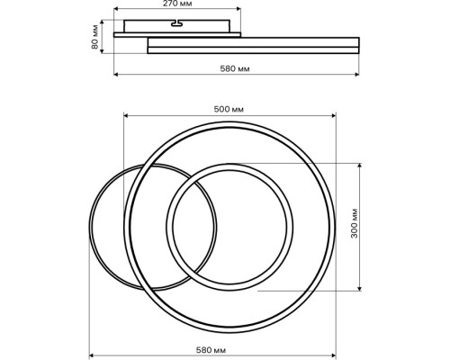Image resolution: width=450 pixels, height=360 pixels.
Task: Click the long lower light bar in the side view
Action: [253, 45]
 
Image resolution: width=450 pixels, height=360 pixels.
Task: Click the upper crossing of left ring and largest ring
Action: [144, 166]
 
